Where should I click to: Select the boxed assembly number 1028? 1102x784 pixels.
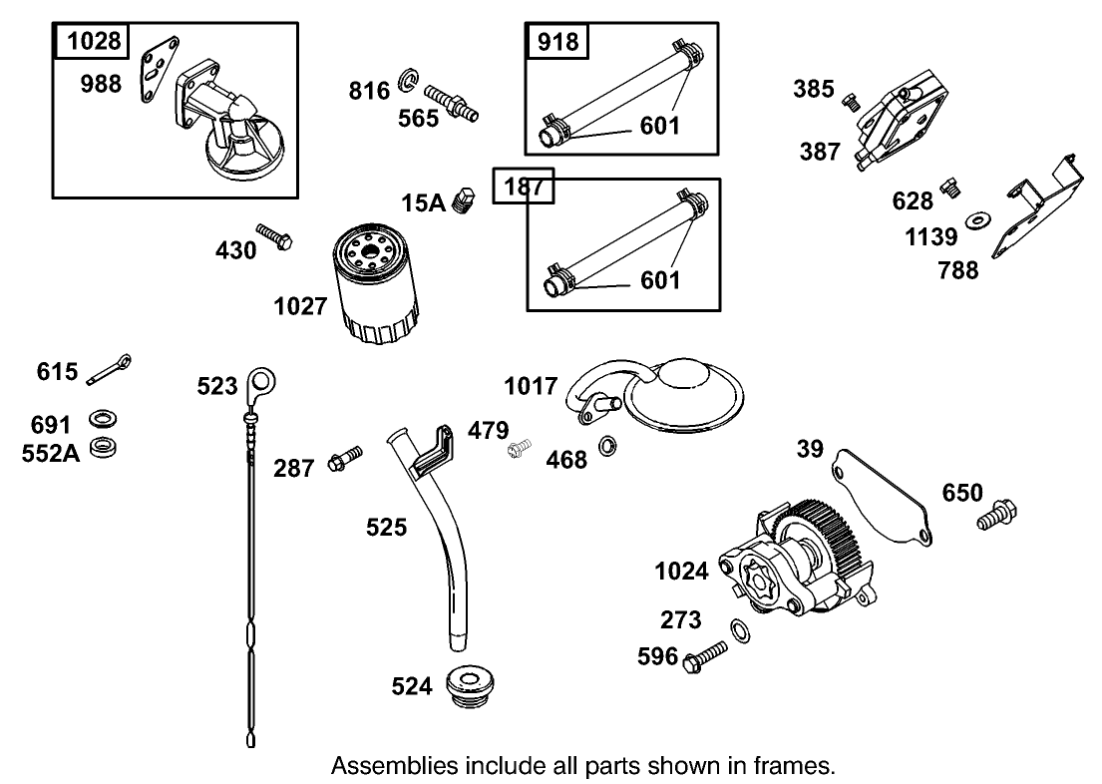[94, 41]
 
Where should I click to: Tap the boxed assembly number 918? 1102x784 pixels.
[557, 41]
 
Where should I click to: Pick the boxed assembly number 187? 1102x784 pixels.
[524, 186]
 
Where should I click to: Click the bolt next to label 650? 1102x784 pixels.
[996, 515]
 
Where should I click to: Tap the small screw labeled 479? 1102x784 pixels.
[518, 452]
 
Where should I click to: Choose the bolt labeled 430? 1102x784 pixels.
[273, 235]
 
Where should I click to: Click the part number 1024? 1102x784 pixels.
[681, 572]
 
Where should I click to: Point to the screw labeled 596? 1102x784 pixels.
[705, 656]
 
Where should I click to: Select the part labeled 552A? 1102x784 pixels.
[101, 448]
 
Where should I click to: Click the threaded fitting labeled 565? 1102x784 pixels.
[451, 101]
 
